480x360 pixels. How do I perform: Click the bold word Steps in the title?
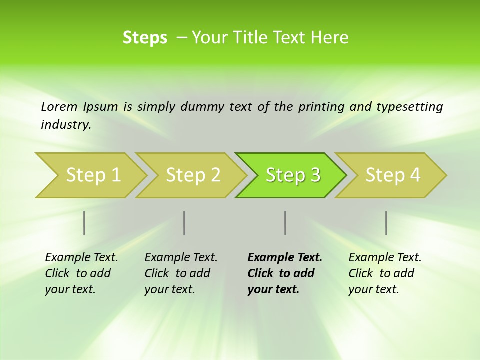[145, 38]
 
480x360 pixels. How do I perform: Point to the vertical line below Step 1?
[84, 223]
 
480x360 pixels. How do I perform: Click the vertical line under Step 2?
[184, 223]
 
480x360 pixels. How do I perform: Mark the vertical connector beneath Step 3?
[285, 223]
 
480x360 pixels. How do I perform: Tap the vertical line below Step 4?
[386, 223]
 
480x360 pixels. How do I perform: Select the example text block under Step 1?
[81, 273]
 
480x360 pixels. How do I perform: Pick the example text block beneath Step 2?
[181, 273]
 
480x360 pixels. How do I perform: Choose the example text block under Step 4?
[385, 273]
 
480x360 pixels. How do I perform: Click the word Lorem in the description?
[59, 107]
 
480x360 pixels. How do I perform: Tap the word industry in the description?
[66, 125]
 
